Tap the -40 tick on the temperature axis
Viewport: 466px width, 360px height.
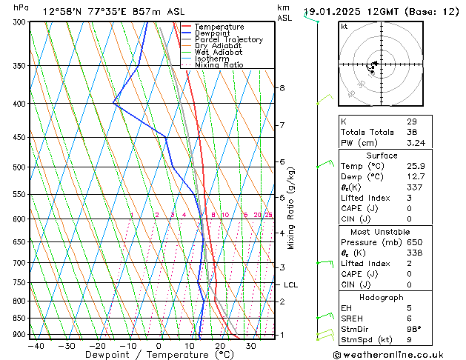tap(36, 345)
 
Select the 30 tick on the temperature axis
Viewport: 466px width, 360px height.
tap(251, 345)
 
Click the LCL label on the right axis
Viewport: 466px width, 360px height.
tap(290, 284)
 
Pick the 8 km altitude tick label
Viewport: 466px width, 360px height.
tap(282, 88)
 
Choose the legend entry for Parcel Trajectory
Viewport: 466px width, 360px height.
tap(228, 40)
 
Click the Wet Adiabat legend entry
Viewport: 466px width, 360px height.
tap(219, 53)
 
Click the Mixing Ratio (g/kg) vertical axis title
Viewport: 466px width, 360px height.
tap(291, 208)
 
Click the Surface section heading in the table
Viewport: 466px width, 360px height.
tap(382, 156)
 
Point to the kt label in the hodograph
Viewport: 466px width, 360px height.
tap(344, 27)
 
